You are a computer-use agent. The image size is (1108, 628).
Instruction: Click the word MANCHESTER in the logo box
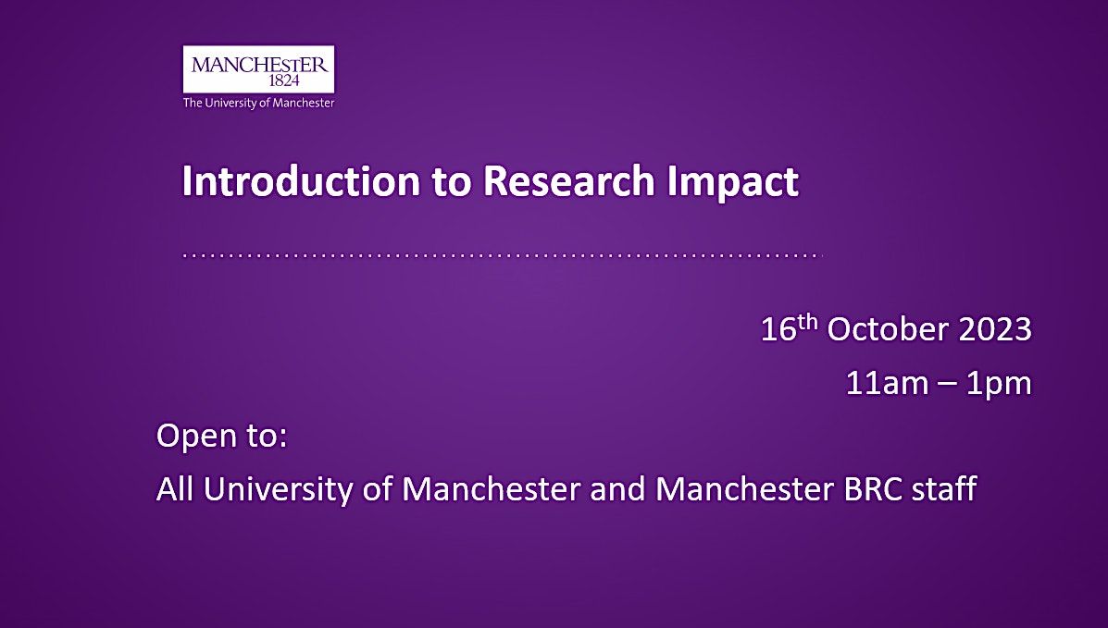pos(258,65)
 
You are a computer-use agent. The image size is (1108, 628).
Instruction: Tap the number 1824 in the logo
pos(258,81)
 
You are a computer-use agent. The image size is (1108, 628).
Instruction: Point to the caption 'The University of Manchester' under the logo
pos(258,104)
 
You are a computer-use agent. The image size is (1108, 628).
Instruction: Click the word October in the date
pos(888,329)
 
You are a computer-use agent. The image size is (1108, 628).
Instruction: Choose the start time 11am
pos(882,383)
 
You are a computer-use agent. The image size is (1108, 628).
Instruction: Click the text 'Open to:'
pos(222,436)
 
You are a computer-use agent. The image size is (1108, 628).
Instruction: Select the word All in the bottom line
pos(176,488)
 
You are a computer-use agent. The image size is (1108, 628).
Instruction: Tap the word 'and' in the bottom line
pos(617,488)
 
